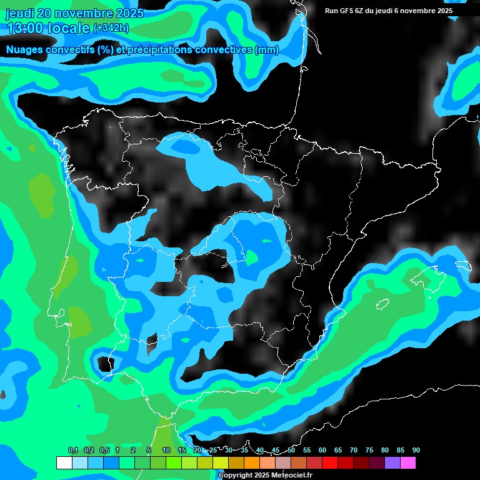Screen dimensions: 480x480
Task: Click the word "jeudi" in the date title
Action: coord(19,13)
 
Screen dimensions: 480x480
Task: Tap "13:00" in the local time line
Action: coord(24,28)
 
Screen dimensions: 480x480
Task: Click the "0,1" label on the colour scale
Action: coord(73,450)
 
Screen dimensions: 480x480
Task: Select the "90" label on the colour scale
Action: coord(416,450)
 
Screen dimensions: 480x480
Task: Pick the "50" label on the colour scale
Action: coord(291,450)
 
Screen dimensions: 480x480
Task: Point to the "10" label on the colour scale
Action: coord(166,450)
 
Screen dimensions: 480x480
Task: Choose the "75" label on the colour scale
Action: coord(369,450)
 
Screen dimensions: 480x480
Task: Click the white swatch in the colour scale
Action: coord(64,462)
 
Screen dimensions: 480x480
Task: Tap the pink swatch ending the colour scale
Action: coord(407,462)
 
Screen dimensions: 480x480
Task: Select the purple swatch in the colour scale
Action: coord(392,462)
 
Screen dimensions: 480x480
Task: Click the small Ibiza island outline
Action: coord(383,304)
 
